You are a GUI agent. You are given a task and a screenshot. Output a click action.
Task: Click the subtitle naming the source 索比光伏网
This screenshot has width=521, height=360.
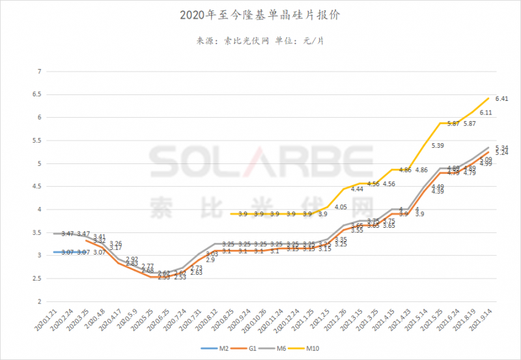click(260, 41)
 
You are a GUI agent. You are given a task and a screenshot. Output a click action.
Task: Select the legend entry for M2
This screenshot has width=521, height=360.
click(216, 350)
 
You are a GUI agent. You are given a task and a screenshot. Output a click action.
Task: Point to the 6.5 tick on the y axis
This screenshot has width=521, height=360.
click(37, 94)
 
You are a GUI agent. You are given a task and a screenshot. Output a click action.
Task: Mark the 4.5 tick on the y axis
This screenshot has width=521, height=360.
click(37, 186)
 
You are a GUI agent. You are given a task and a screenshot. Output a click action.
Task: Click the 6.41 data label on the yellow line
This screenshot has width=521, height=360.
click(501, 99)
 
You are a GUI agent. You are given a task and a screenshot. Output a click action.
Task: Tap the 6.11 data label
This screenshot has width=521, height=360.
click(485, 113)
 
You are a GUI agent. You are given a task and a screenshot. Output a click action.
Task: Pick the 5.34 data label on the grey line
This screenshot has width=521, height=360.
click(501, 147)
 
